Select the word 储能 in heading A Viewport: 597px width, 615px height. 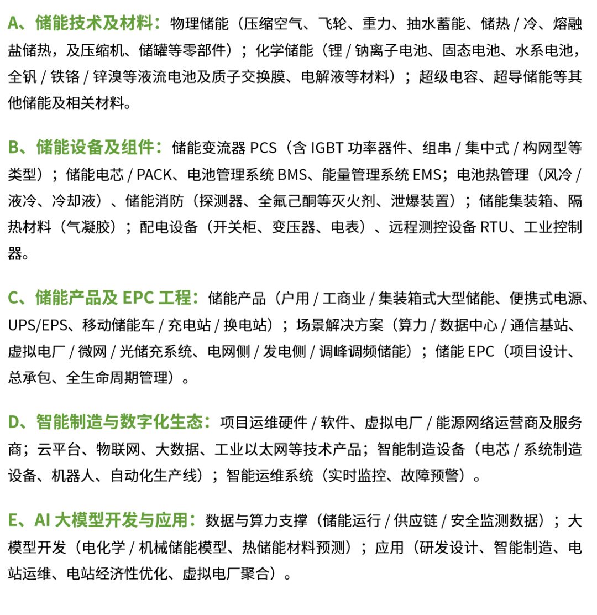[49, 23]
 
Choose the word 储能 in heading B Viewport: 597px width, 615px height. [49, 148]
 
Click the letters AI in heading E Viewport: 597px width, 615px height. [41, 520]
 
